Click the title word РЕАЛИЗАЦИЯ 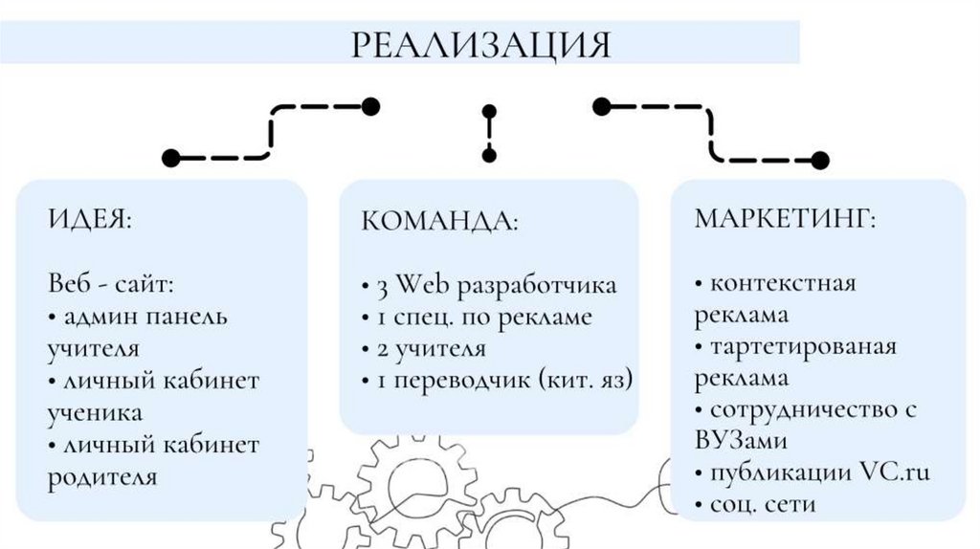coord(479,44)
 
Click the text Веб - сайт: coord(111,284)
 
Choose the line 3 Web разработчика coord(490,286)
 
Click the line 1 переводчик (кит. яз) coord(498,380)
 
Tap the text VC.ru coord(894,472)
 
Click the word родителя coord(102,476)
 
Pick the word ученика coord(96,412)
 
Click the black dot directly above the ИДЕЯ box coord(171,157)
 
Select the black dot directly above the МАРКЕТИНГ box coord(819,160)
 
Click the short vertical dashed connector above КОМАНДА coord(489,132)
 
